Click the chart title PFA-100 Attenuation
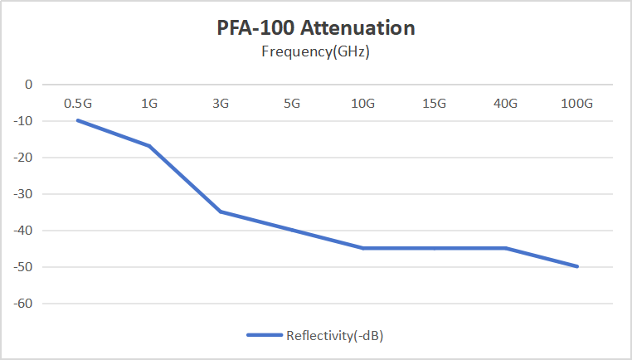pyautogui.click(x=316, y=28)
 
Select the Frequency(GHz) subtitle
pyautogui.click(x=316, y=51)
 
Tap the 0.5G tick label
pyautogui.click(x=78, y=104)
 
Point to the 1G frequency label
pyautogui.click(x=149, y=104)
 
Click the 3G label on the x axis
pyautogui.click(x=221, y=104)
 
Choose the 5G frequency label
pyautogui.click(x=292, y=104)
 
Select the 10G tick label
pyautogui.click(x=363, y=104)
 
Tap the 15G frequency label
pyautogui.click(x=435, y=104)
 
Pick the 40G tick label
pyautogui.click(x=505, y=104)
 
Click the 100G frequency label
pyautogui.click(x=576, y=104)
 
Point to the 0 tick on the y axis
pyautogui.click(x=28, y=85)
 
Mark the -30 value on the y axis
pyautogui.click(x=23, y=194)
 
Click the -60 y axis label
pyautogui.click(x=23, y=304)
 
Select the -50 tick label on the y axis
pyautogui.click(x=23, y=267)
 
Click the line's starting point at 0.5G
pyautogui.click(x=78, y=120)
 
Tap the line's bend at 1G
pyautogui.click(x=149, y=146)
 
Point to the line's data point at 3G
pyautogui.click(x=221, y=212)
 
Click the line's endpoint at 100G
pyautogui.click(x=577, y=266)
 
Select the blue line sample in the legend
pyautogui.click(x=265, y=335)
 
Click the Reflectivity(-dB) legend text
pyautogui.click(x=334, y=335)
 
